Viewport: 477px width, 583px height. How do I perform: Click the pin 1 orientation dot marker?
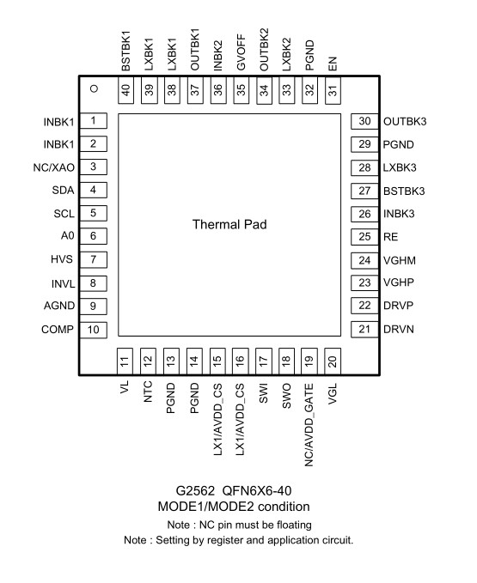95,88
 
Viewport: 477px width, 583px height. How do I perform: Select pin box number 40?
125,90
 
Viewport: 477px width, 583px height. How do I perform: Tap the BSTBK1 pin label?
126,51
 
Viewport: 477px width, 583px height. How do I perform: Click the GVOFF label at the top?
242,52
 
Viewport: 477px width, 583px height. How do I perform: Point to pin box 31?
333,90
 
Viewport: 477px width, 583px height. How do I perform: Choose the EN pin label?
333,64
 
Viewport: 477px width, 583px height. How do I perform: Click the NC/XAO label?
54,167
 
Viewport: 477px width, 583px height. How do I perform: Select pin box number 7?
94,259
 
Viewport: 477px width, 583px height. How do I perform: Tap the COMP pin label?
58,330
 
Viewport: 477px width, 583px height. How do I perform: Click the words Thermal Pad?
229,225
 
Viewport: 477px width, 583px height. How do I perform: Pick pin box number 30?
364,121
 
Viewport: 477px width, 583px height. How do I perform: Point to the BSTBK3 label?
404,191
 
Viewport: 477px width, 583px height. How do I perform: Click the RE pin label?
391,237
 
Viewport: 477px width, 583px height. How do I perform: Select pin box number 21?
364,330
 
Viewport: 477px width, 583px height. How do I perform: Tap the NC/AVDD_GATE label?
309,425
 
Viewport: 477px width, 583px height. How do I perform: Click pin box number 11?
125,361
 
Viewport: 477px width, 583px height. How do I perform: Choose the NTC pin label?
148,392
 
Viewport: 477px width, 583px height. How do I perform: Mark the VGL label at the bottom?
333,394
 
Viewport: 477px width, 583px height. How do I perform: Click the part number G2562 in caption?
195,491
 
